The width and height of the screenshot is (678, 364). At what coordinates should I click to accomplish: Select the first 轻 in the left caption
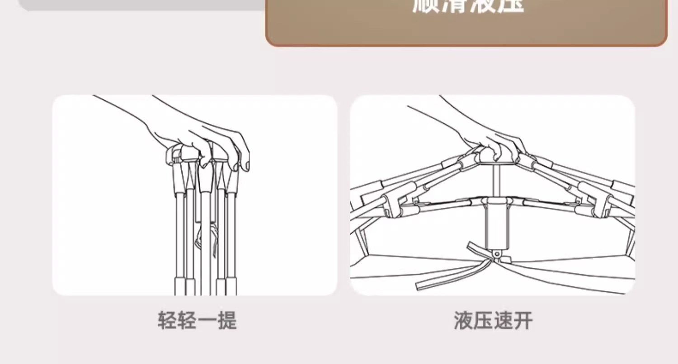point(168,321)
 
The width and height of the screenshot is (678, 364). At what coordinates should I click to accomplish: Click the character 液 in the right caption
point(464,321)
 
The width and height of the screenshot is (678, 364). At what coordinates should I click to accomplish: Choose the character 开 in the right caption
point(523,321)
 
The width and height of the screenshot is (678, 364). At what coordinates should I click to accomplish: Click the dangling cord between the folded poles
point(200,239)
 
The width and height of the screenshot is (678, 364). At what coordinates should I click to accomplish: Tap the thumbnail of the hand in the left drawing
point(246,168)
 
